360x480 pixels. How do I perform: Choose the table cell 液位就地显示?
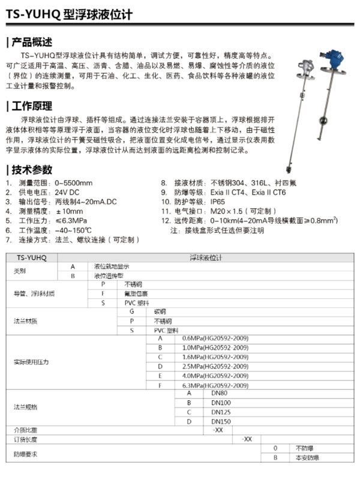tap(111, 266)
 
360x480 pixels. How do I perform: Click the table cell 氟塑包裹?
tap(137, 293)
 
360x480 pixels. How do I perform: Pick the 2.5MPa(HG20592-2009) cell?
tap(206, 366)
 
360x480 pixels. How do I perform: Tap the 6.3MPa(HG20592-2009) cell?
tap(206, 385)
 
